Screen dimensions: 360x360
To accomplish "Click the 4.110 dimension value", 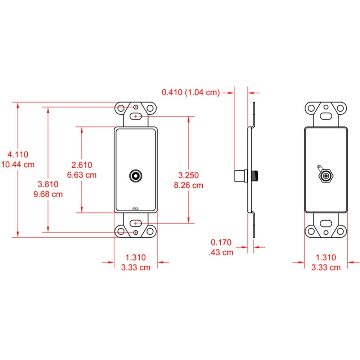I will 18,154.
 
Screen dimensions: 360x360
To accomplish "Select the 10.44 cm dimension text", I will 18,165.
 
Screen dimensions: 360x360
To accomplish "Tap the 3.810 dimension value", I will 48,184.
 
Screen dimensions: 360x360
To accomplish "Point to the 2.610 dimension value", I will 82,165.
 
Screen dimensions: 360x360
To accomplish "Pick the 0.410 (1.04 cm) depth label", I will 190,93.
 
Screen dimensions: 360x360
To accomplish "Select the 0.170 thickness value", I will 221,242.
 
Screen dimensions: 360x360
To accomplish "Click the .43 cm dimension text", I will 221,252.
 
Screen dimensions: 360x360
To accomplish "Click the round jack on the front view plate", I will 136,176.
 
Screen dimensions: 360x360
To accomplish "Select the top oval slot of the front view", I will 136,116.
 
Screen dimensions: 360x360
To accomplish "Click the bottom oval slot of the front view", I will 136,223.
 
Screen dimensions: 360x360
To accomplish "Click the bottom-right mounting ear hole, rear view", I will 340,231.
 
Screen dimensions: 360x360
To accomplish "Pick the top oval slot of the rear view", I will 326,116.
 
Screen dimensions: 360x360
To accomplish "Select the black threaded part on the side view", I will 256,176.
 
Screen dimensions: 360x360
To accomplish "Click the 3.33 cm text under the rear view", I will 325,267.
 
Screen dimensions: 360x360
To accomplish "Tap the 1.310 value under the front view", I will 135,257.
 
